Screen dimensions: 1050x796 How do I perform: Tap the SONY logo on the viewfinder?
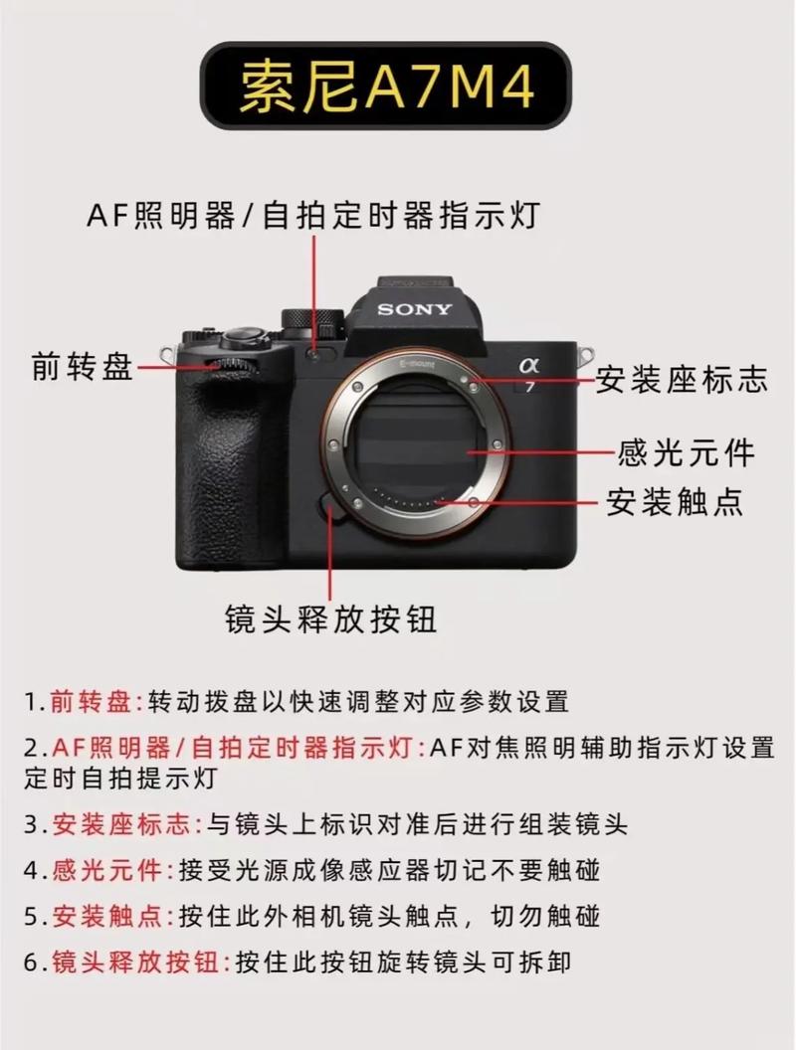click(414, 309)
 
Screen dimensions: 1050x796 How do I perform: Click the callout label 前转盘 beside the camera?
click(82, 367)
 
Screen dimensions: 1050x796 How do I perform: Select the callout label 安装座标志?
click(682, 379)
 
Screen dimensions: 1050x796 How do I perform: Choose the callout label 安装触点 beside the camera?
click(676, 501)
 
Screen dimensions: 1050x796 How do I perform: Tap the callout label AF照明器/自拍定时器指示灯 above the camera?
click(312, 215)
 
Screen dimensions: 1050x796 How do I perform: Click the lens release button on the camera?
click(330, 507)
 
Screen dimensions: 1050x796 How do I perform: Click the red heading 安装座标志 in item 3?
click(125, 824)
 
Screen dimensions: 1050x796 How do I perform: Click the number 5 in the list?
click(31, 916)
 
